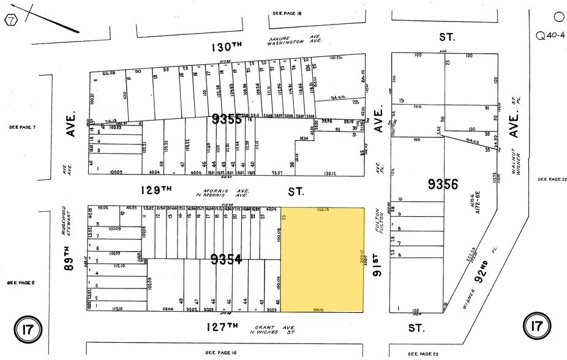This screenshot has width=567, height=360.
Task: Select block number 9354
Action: [x=226, y=260]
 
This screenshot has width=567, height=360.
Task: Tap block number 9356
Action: [x=443, y=184]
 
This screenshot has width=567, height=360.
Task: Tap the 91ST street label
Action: [x=378, y=264]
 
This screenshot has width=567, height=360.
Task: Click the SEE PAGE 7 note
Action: [x=22, y=127]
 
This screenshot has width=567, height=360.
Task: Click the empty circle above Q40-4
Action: [x=558, y=17]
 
